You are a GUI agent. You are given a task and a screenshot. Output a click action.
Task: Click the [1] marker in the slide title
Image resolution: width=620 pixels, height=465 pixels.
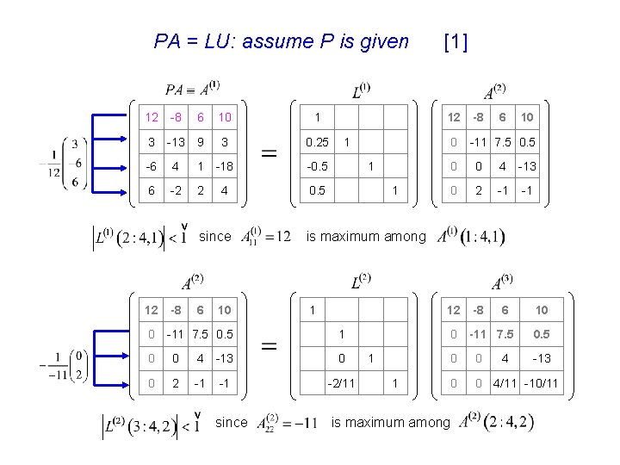pos(455,41)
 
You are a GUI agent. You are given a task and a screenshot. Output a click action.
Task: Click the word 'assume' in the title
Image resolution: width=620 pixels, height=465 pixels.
pos(276,41)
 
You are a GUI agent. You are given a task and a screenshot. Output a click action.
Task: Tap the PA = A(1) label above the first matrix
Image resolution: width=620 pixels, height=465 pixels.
pos(193,89)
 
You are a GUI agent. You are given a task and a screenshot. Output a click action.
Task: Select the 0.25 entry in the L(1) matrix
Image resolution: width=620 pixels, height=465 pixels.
pos(317,142)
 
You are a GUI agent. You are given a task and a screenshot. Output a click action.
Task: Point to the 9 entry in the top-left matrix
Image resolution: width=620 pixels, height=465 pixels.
pos(200,142)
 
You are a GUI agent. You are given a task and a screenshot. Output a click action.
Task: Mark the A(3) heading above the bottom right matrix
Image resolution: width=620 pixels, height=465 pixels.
pos(502,282)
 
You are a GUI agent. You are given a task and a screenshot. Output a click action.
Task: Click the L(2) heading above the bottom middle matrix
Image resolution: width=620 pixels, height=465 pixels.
pos(361,282)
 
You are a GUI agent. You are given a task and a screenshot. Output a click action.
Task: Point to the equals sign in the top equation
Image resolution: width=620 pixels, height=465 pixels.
pos(269,154)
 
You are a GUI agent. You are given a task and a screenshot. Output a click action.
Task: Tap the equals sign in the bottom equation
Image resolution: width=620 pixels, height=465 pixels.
pos(269,346)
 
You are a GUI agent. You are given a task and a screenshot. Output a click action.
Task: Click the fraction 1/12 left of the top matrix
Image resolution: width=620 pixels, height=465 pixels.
pos(54,162)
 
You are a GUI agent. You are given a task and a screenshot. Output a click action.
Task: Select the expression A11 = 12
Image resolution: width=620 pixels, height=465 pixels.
pos(267,236)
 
